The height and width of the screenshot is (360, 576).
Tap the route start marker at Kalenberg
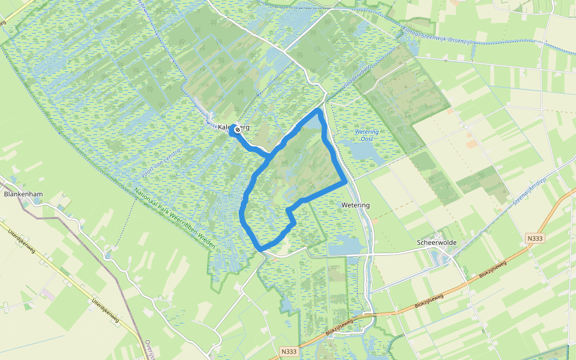[238, 129]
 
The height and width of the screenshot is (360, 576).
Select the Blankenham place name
[22, 194]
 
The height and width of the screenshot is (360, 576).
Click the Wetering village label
[355, 205]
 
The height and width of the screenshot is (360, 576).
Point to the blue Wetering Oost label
[367, 135]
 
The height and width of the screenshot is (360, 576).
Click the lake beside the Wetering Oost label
[364, 152]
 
